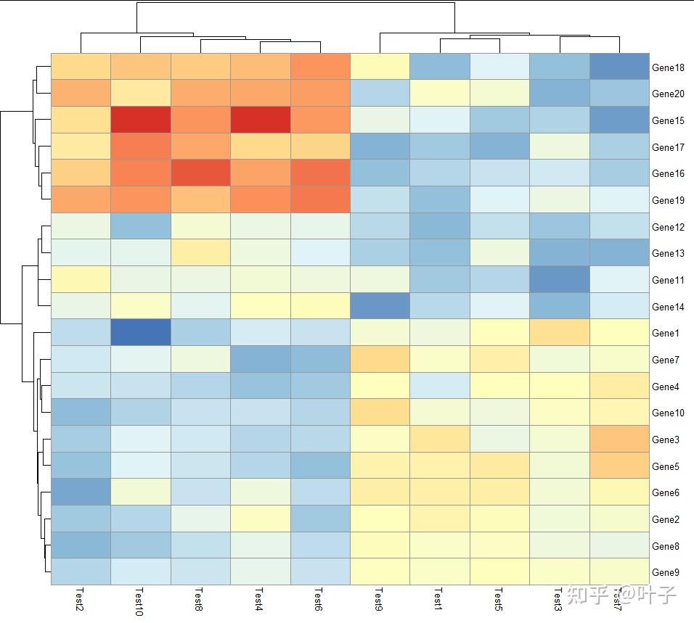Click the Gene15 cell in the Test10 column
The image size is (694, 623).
tap(141, 120)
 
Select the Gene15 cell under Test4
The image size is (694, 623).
tap(261, 120)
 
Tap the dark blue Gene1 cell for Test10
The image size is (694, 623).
tap(141, 332)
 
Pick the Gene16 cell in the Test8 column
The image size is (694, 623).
tap(200, 173)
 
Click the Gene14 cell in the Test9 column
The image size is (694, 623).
tap(380, 306)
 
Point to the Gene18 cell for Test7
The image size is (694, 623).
tap(619, 67)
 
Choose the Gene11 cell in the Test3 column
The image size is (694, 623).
tap(560, 279)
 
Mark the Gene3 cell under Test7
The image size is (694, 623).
tap(619, 439)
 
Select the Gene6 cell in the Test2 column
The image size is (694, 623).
tap(81, 492)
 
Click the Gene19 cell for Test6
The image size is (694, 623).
tap(320, 199)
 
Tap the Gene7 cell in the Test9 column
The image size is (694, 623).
tap(380, 359)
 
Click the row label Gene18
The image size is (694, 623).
tap(668, 67)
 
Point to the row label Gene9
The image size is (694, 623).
tap(666, 572)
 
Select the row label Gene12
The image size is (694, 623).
tap(668, 227)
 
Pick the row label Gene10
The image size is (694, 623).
tap(668, 413)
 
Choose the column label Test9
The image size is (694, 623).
tap(378, 600)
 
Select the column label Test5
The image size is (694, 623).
tap(498, 600)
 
